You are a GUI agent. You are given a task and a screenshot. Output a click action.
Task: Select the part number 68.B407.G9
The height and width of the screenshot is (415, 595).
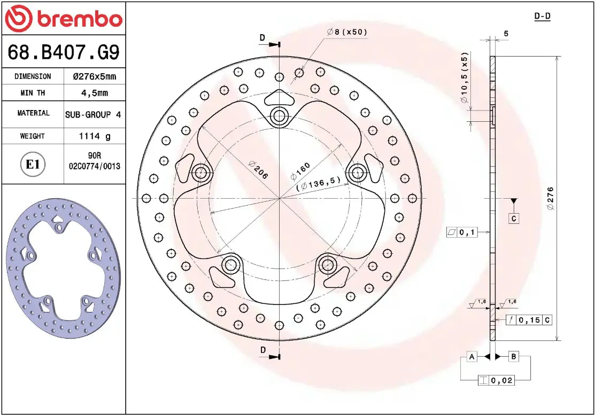(63, 52)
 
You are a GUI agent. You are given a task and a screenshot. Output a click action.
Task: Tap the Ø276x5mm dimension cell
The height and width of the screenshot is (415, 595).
(94, 76)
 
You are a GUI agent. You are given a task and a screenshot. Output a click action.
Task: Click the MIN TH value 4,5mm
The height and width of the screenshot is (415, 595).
(94, 93)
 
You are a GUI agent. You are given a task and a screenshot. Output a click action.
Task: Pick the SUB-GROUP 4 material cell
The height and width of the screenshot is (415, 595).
(93, 114)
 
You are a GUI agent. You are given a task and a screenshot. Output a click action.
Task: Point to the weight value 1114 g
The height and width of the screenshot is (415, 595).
(94, 136)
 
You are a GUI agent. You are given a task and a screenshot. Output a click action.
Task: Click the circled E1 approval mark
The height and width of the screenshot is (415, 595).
(33, 165)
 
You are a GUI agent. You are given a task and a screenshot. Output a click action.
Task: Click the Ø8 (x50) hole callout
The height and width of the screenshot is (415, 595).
(347, 32)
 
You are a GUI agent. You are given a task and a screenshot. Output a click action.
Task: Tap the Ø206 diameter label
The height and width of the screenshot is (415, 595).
(258, 169)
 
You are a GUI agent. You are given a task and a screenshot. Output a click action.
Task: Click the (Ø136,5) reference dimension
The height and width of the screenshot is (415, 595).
(319, 184)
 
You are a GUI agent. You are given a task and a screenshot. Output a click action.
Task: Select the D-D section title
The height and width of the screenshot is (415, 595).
(542, 16)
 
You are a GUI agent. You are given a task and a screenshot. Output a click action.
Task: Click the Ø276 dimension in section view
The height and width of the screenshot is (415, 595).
(551, 198)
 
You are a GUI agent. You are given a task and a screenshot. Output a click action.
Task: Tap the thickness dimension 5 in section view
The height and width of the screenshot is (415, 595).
(506, 34)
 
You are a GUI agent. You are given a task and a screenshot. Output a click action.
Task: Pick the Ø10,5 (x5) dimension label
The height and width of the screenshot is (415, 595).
(464, 78)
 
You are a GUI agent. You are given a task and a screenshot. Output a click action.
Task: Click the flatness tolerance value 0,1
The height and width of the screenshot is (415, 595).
(467, 232)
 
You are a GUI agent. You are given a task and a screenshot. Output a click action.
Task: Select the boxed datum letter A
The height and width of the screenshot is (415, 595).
(472, 356)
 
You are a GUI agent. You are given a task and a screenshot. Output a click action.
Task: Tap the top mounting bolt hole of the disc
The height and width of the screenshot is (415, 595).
(279, 116)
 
